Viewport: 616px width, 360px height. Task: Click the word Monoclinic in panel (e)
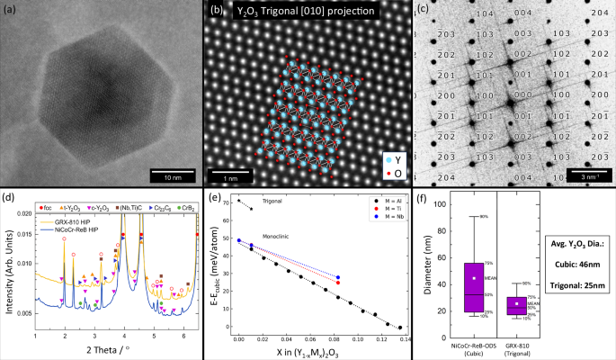[274, 235]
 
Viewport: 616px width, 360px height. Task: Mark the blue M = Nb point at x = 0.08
[337, 277]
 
